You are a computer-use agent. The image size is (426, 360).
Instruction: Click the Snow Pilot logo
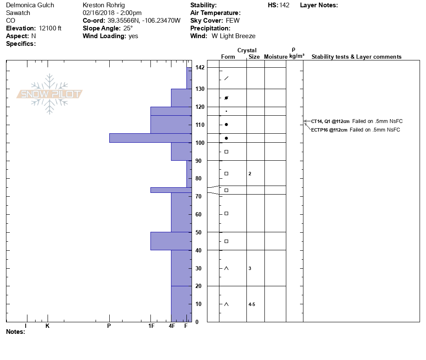click(50, 94)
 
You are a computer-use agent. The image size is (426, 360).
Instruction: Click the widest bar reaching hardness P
click(150, 138)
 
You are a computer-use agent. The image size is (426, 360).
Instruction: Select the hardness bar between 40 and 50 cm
click(171, 241)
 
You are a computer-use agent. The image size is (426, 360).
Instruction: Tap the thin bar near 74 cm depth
click(171, 190)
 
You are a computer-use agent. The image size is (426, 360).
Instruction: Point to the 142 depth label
click(199, 68)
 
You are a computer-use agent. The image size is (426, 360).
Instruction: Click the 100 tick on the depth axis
click(199, 143)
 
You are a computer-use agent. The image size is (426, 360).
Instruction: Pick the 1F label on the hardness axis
click(151, 326)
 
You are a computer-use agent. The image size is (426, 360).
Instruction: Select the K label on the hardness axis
click(48, 326)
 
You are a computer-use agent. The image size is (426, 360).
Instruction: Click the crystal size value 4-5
click(252, 304)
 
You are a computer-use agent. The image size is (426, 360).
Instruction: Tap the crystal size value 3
click(250, 268)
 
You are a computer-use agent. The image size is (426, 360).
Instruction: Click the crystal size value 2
click(250, 174)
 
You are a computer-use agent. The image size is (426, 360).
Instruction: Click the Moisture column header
click(276, 57)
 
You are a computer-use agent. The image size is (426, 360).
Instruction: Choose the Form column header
click(228, 57)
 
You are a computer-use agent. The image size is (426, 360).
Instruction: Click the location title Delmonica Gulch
click(30, 5)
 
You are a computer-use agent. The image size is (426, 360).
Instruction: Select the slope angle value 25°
click(128, 28)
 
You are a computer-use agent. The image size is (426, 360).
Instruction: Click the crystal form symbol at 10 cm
click(226, 304)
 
